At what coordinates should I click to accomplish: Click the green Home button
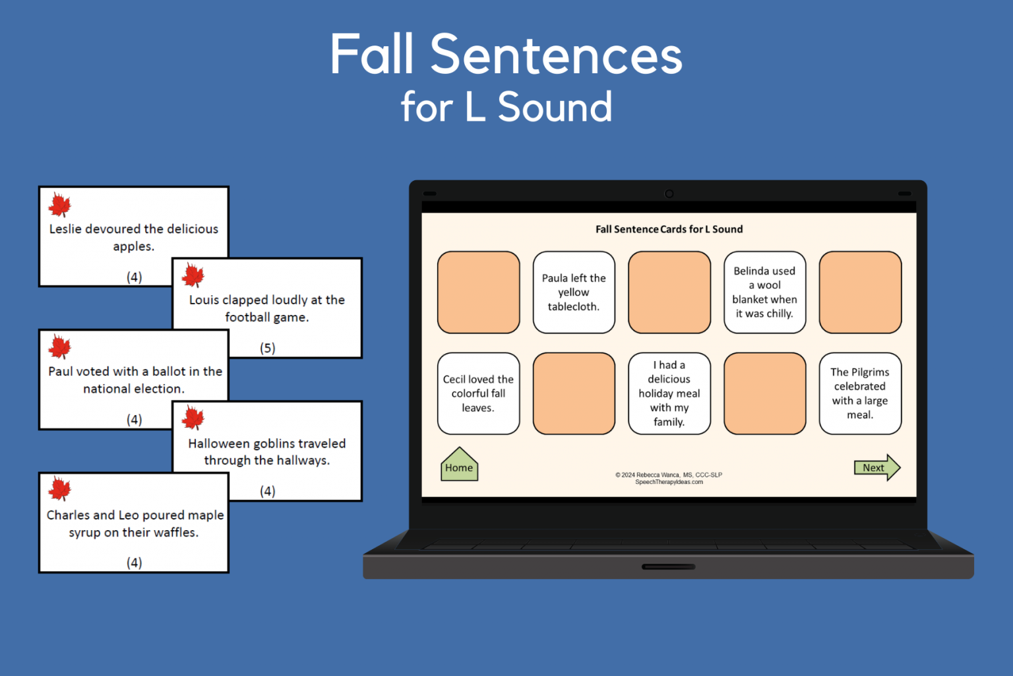pyautogui.click(x=459, y=466)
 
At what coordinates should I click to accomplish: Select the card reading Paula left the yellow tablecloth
pyautogui.click(x=574, y=292)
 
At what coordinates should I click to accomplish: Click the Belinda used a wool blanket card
pyautogui.click(x=764, y=292)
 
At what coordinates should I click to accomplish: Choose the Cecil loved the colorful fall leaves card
pyautogui.click(x=478, y=393)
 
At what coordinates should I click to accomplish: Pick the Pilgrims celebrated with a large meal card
pyautogui.click(x=860, y=393)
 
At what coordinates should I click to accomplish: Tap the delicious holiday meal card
pyautogui.click(x=669, y=393)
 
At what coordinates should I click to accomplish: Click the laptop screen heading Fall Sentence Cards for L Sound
pyautogui.click(x=669, y=229)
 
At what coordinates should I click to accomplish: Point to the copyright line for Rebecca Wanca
pyautogui.click(x=669, y=475)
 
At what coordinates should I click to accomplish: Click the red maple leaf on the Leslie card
pyautogui.click(x=60, y=205)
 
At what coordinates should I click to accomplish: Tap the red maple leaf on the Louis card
pyautogui.click(x=193, y=275)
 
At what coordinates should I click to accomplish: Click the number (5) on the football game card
pyautogui.click(x=267, y=348)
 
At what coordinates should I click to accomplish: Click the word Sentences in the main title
pyautogui.click(x=556, y=55)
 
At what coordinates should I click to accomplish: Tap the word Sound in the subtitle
pyautogui.click(x=555, y=107)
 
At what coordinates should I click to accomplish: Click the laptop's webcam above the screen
pyautogui.click(x=669, y=193)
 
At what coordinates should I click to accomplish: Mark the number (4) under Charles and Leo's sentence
pyautogui.click(x=134, y=562)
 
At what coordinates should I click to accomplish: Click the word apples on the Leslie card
pyautogui.click(x=133, y=247)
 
